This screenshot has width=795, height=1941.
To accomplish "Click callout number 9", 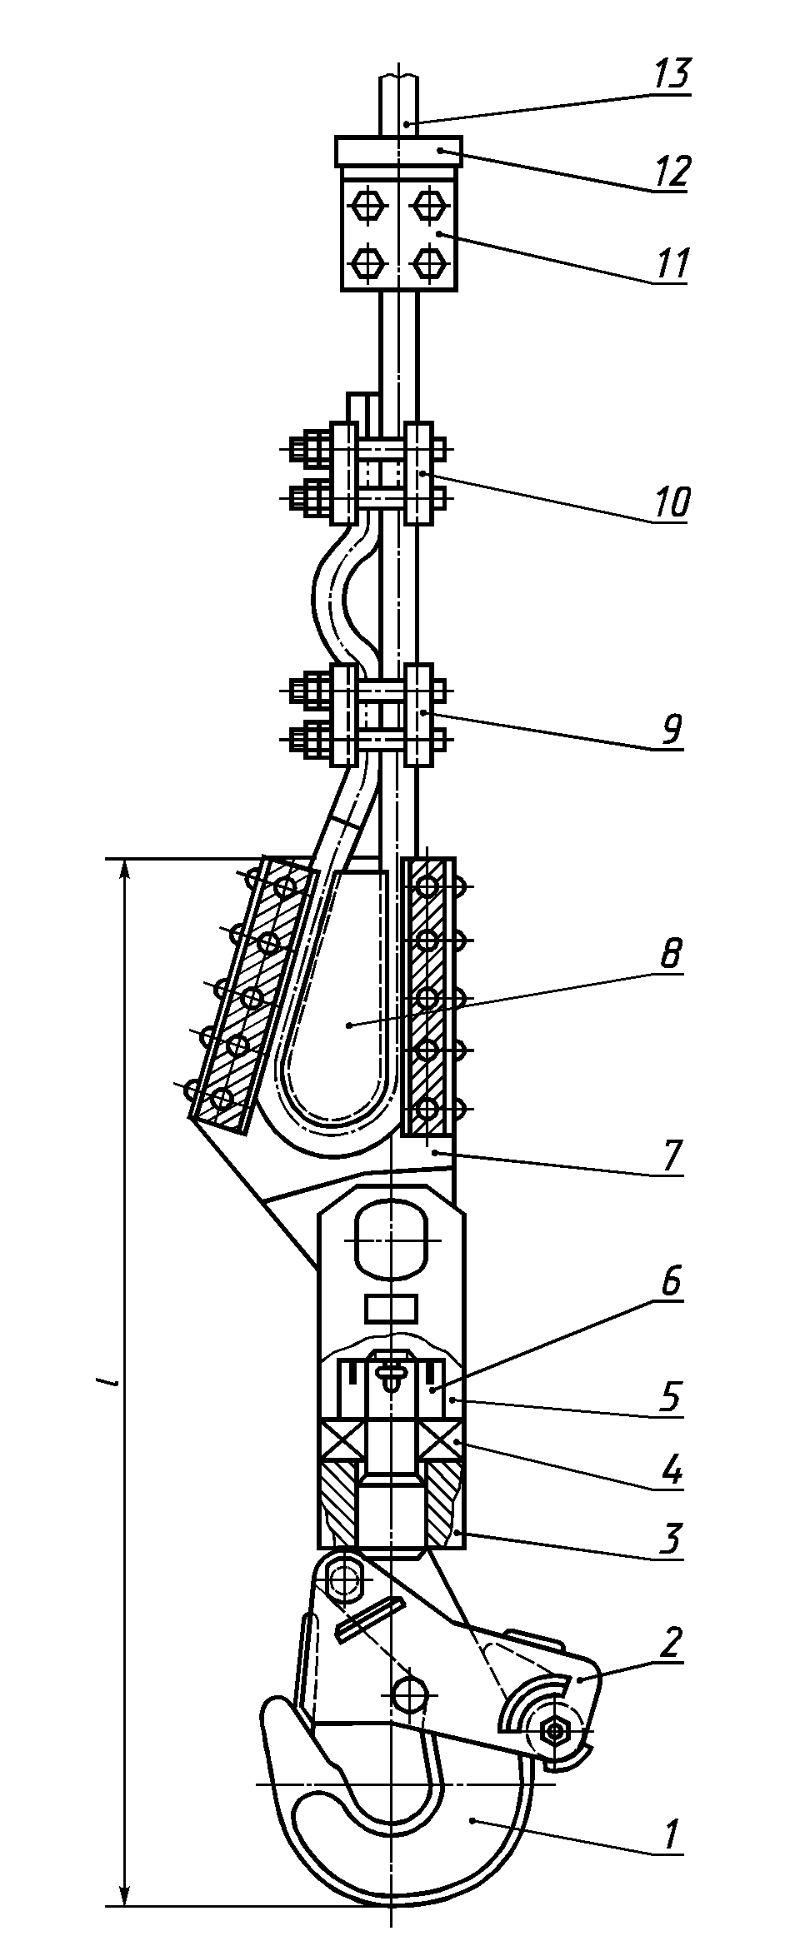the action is (x=672, y=730).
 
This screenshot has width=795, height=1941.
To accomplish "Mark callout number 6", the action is (x=672, y=1282).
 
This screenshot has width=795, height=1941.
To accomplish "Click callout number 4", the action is (x=672, y=1472).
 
